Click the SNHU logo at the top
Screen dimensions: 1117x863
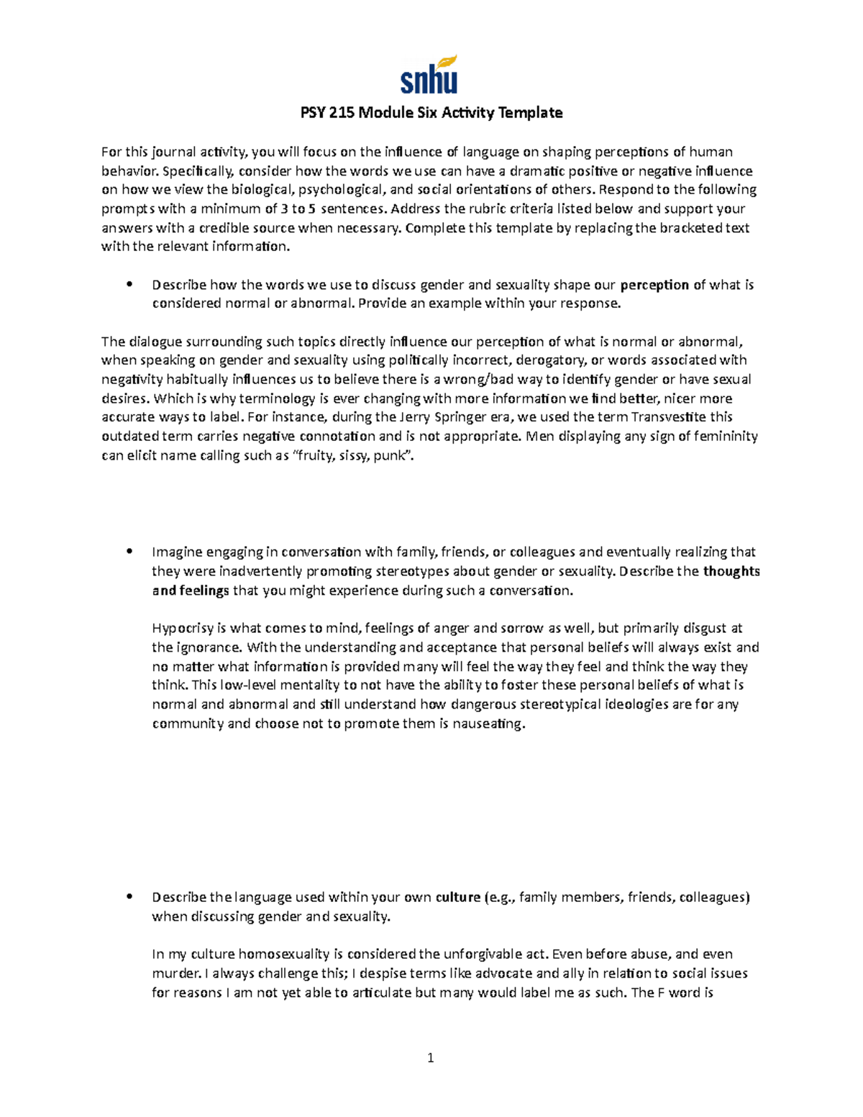[429, 75]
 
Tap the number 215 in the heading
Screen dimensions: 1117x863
[343, 113]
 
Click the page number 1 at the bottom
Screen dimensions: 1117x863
[431, 1057]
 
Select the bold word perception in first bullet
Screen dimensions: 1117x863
[654, 285]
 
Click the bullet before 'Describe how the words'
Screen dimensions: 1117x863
[129, 284]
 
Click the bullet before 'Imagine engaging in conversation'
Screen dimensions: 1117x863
[129, 552]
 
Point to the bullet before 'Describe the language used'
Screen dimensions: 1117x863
[129, 896]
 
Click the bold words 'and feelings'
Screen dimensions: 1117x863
[191, 591]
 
